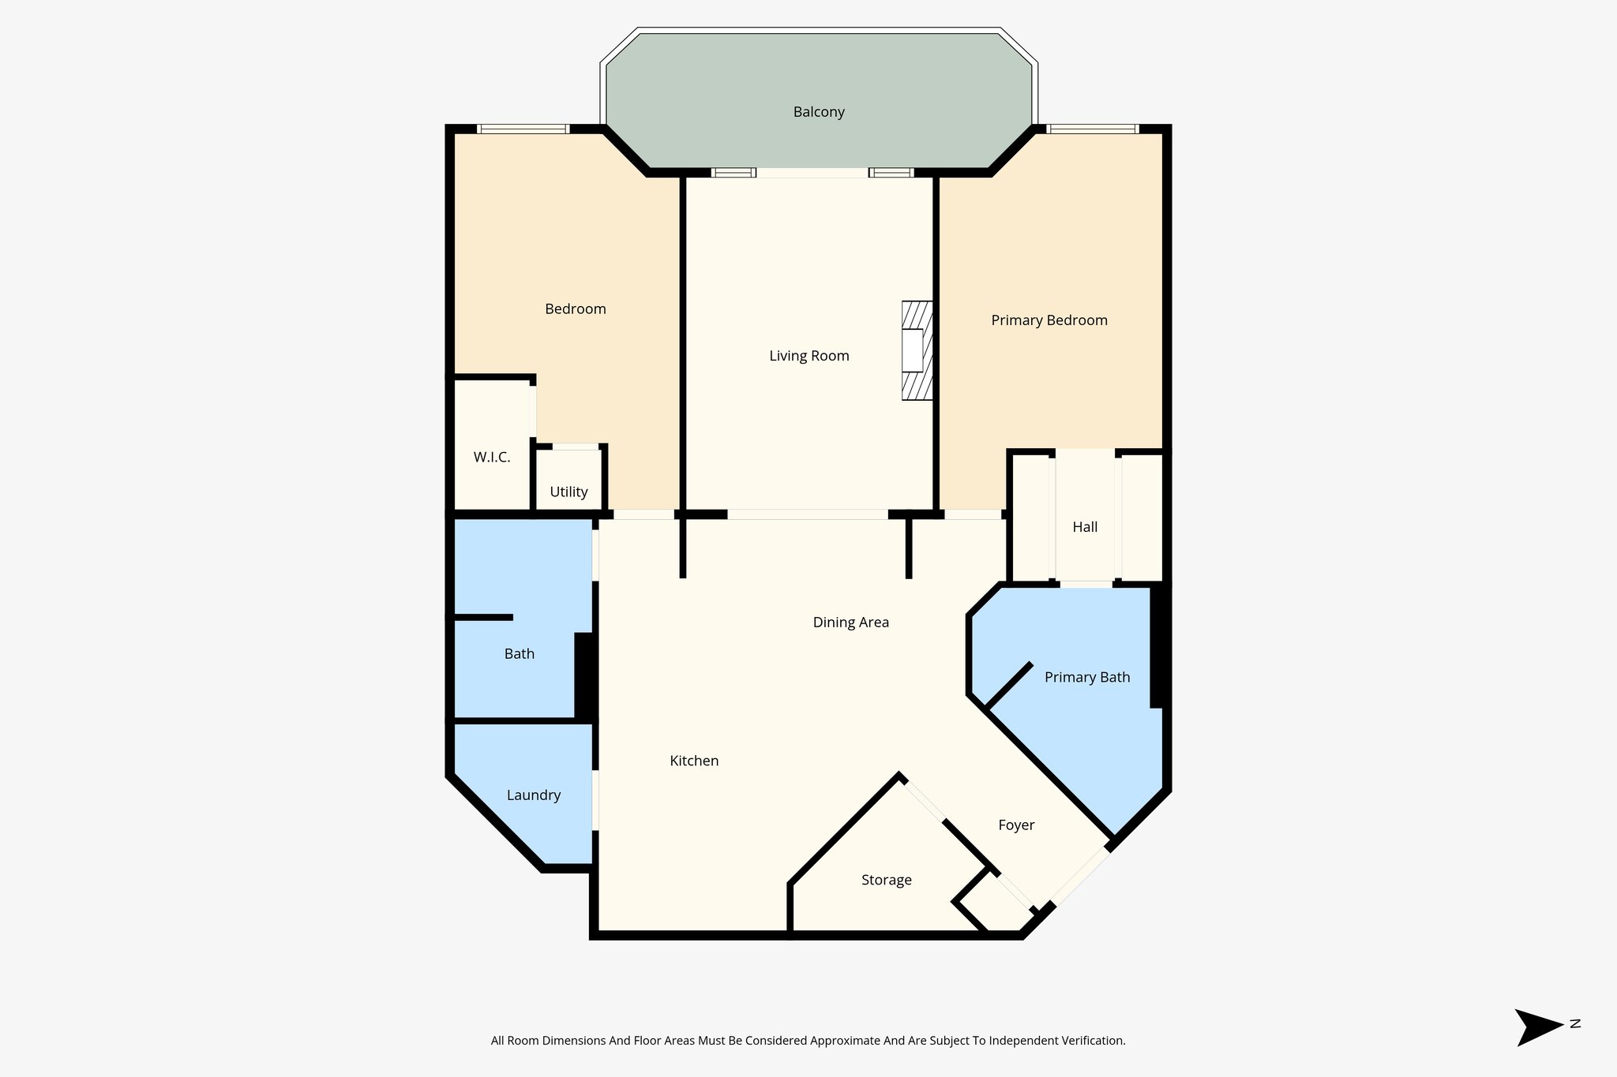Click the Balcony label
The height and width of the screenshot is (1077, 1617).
(819, 112)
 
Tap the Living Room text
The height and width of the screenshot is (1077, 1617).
(809, 356)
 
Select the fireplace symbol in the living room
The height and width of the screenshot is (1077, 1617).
(917, 350)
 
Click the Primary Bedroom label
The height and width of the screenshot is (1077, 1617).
(1049, 320)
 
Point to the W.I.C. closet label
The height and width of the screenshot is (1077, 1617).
(491, 458)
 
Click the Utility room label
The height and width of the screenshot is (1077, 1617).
(568, 492)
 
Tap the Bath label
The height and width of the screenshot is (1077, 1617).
(519, 654)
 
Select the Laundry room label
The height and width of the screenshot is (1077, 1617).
(533, 795)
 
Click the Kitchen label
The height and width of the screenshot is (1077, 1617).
(694, 761)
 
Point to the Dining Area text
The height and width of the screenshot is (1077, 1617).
(850, 623)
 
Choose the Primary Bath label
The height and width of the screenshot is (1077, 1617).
(1086, 678)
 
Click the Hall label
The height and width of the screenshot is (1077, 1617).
(1085, 527)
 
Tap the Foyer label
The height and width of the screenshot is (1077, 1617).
(1015, 825)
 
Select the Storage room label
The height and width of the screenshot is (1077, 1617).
(886, 881)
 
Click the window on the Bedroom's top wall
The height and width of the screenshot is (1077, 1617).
(523, 129)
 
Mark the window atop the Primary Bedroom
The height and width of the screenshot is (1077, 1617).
(1092, 129)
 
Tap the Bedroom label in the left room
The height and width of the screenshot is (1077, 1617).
(575, 309)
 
